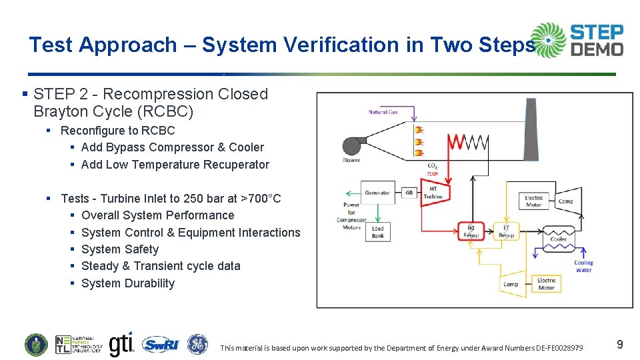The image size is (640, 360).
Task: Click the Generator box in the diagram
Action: pos(377,193)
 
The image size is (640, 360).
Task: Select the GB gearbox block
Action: pos(409,193)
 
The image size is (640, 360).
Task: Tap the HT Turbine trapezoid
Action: pos(433,192)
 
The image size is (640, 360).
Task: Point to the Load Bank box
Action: pos(377,231)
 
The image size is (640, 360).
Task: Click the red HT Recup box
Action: pos(471,231)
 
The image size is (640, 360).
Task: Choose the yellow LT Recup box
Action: pos(506,231)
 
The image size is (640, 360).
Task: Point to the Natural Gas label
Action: pos(383,112)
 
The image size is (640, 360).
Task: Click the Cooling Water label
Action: pos(583,266)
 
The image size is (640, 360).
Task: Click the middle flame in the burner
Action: pos(419,142)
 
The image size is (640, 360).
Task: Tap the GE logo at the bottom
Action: pos(197,344)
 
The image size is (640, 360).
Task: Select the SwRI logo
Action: pos(160,344)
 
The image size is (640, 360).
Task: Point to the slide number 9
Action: pos(619,345)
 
